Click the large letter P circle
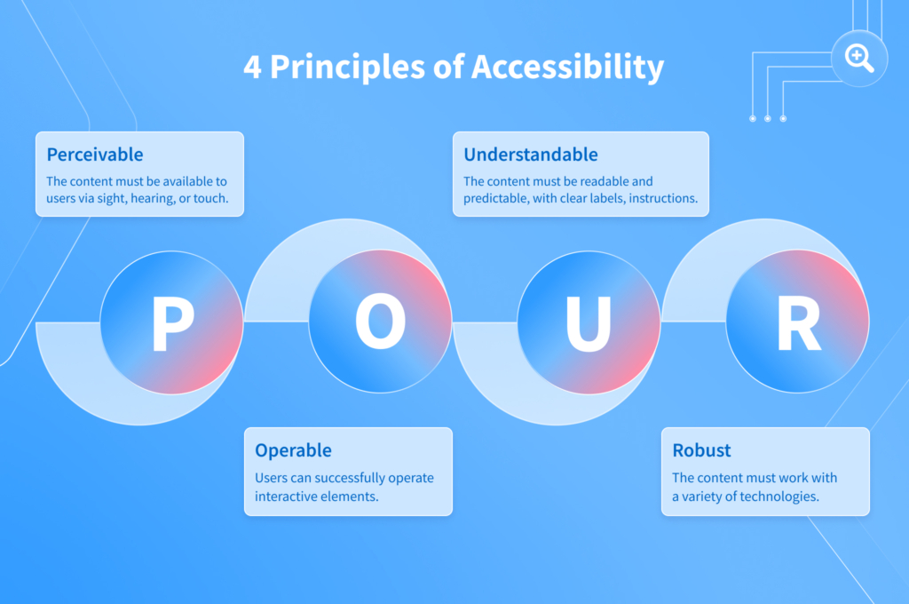[171, 322]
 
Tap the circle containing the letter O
[380, 322]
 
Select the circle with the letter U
[589, 322]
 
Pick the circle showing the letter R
[797, 322]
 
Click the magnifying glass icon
[858, 59]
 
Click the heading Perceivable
[95, 155]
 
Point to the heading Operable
[293, 450]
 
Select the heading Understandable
[531, 155]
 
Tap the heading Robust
[702, 450]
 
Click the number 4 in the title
[252, 68]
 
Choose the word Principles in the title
[347, 68]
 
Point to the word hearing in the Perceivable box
[159, 199]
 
